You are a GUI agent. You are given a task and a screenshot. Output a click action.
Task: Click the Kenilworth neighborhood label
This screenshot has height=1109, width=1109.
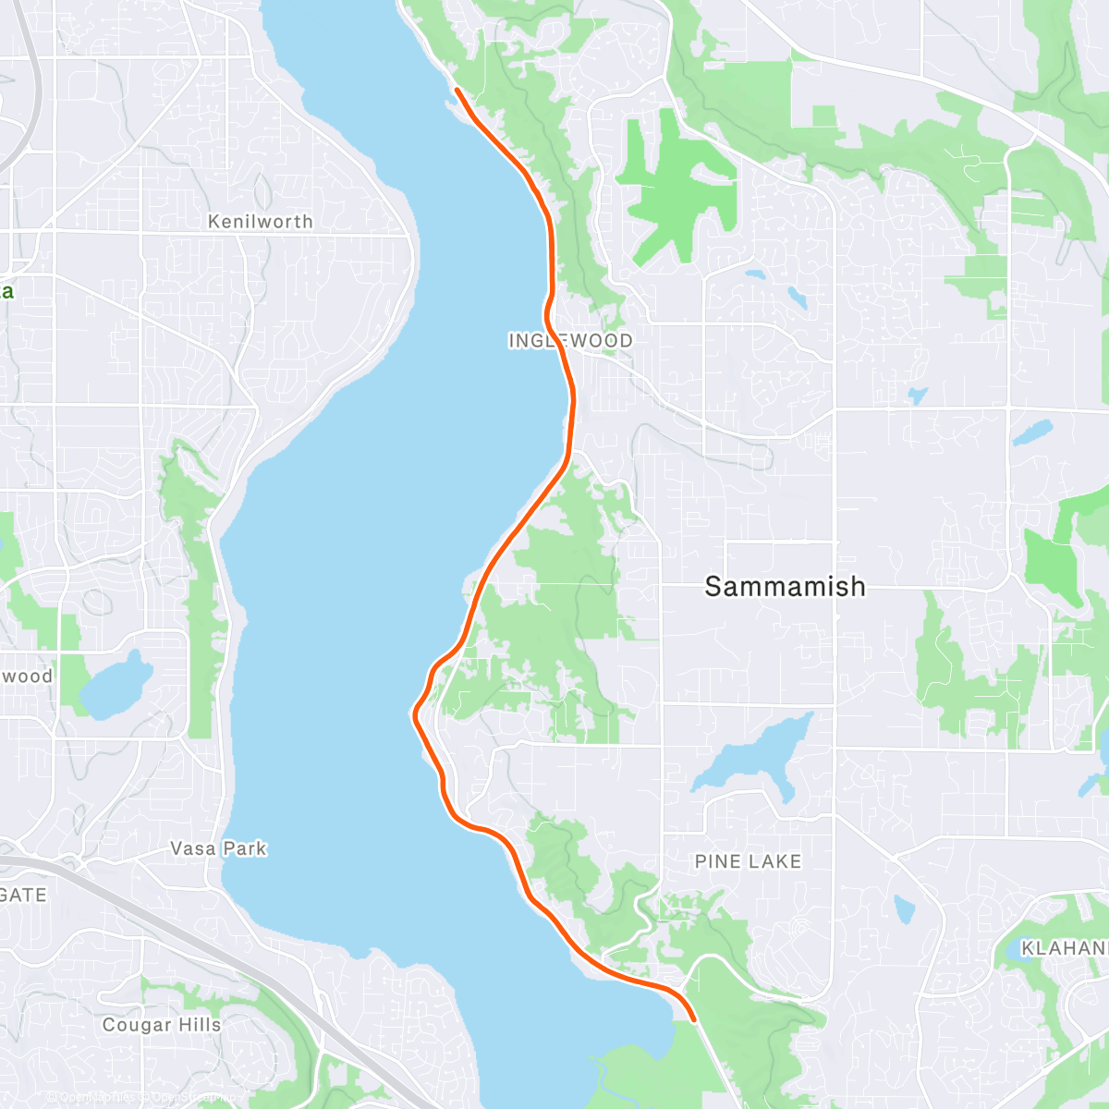point(260,222)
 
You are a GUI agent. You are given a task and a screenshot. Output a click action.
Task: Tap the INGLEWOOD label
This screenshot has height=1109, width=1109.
point(570,341)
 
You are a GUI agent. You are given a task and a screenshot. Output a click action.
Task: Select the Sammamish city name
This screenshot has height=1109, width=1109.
point(785,586)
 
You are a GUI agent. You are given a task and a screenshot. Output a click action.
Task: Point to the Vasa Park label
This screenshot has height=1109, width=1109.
point(218,848)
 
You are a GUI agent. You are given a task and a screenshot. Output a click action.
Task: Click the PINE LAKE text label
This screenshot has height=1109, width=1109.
point(748,861)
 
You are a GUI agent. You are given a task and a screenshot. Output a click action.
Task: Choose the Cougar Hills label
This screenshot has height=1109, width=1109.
point(162,1025)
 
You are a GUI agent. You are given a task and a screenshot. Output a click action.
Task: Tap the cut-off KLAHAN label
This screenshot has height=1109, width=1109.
point(1064,948)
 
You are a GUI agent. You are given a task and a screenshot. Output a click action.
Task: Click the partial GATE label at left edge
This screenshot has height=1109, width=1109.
point(23,895)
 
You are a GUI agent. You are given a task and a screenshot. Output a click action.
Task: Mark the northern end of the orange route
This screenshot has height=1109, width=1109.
point(457,90)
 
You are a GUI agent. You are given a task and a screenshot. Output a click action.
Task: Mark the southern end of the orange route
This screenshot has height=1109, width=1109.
point(693,1019)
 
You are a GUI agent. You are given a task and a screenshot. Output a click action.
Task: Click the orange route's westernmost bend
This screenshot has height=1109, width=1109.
point(414,712)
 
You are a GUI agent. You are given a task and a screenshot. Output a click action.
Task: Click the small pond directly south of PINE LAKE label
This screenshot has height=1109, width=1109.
point(905,909)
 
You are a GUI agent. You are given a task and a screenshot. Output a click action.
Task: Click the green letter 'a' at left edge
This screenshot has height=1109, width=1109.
point(6,292)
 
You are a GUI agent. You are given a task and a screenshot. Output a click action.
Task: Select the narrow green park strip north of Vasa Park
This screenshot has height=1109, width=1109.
point(199,591)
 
